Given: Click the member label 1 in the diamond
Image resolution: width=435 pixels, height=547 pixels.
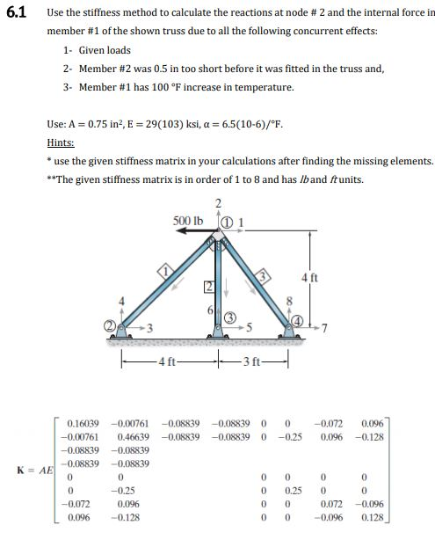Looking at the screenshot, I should (x=163, y=273).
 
